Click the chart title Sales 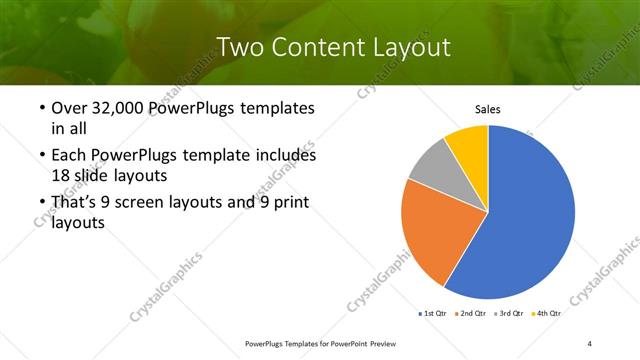[x=487, y=110]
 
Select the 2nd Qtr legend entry [x=474, y=314]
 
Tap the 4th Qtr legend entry [x=547, y=314]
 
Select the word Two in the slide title [x=239, y=46]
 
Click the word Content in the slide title [x=313, y=46]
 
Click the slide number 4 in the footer [x=590, y=344]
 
